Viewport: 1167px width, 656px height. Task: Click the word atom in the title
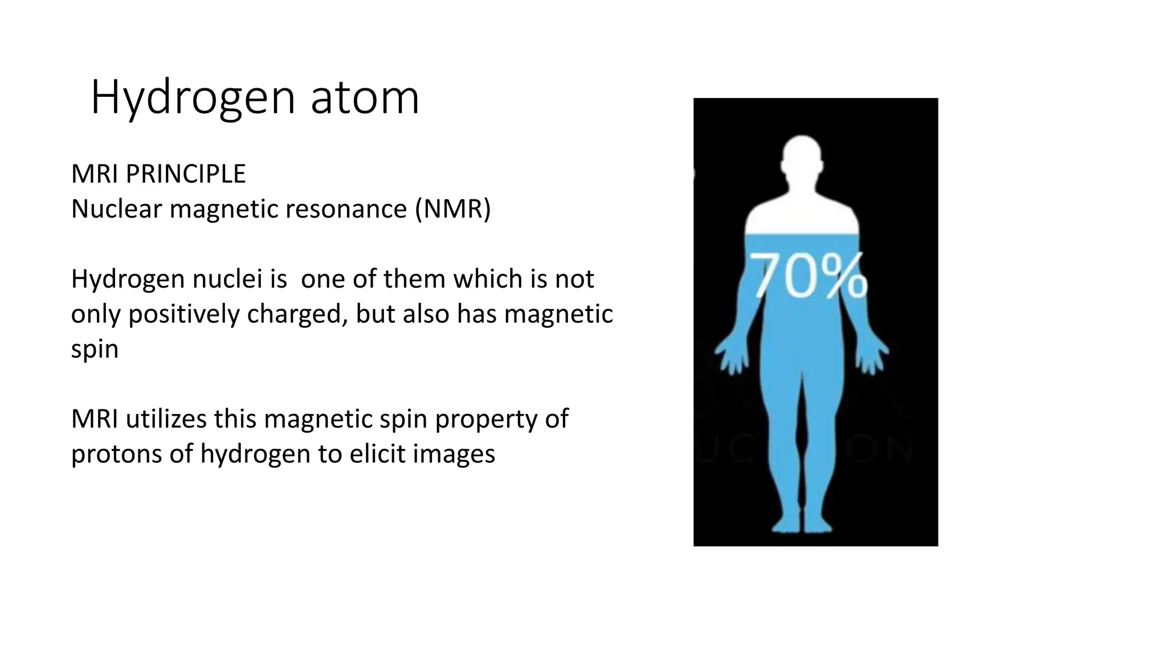pos(365,98)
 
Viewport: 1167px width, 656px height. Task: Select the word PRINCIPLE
pos(186,174)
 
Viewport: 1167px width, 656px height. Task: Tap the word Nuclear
pos(116,209)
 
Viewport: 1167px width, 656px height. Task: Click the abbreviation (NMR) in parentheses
pos(452,209)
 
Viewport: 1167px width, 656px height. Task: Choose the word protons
pos(116,454)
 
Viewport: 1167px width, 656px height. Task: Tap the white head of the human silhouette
pos(802,157)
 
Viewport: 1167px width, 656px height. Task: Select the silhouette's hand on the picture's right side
pos(871,356)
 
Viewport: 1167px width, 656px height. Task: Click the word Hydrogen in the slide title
pos(193,98)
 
